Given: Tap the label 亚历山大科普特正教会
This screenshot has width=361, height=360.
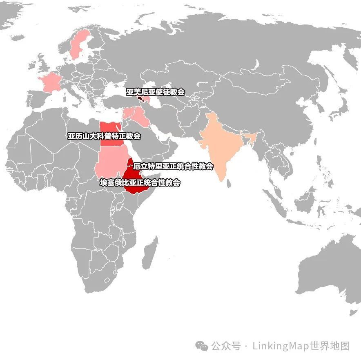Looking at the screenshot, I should tap(104, 136).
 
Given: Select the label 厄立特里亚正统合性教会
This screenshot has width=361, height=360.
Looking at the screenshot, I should tap(173, 166).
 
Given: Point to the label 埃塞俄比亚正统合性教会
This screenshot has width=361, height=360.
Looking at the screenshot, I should tap(140, 182).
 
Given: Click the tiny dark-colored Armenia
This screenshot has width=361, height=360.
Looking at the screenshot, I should tap(140, 99).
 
